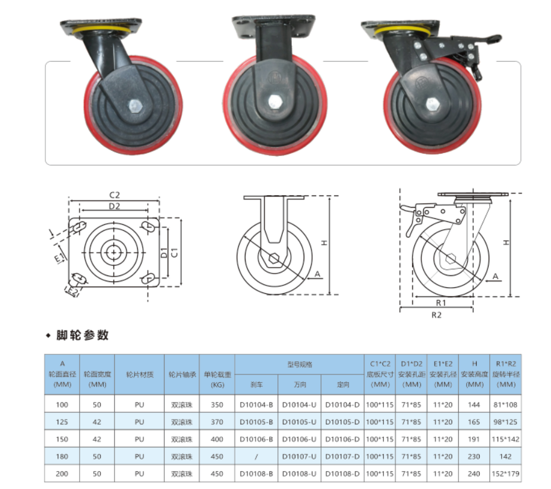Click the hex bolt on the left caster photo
click(134, 105)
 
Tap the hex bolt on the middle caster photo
click(275, 101)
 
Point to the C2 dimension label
click(115, 195)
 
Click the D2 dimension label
click(115, 207)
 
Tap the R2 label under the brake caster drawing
click(436, 315)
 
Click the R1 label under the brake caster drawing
click(440, 303)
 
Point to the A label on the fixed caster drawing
click(317, 274)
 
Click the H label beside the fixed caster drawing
click(324, 242)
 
